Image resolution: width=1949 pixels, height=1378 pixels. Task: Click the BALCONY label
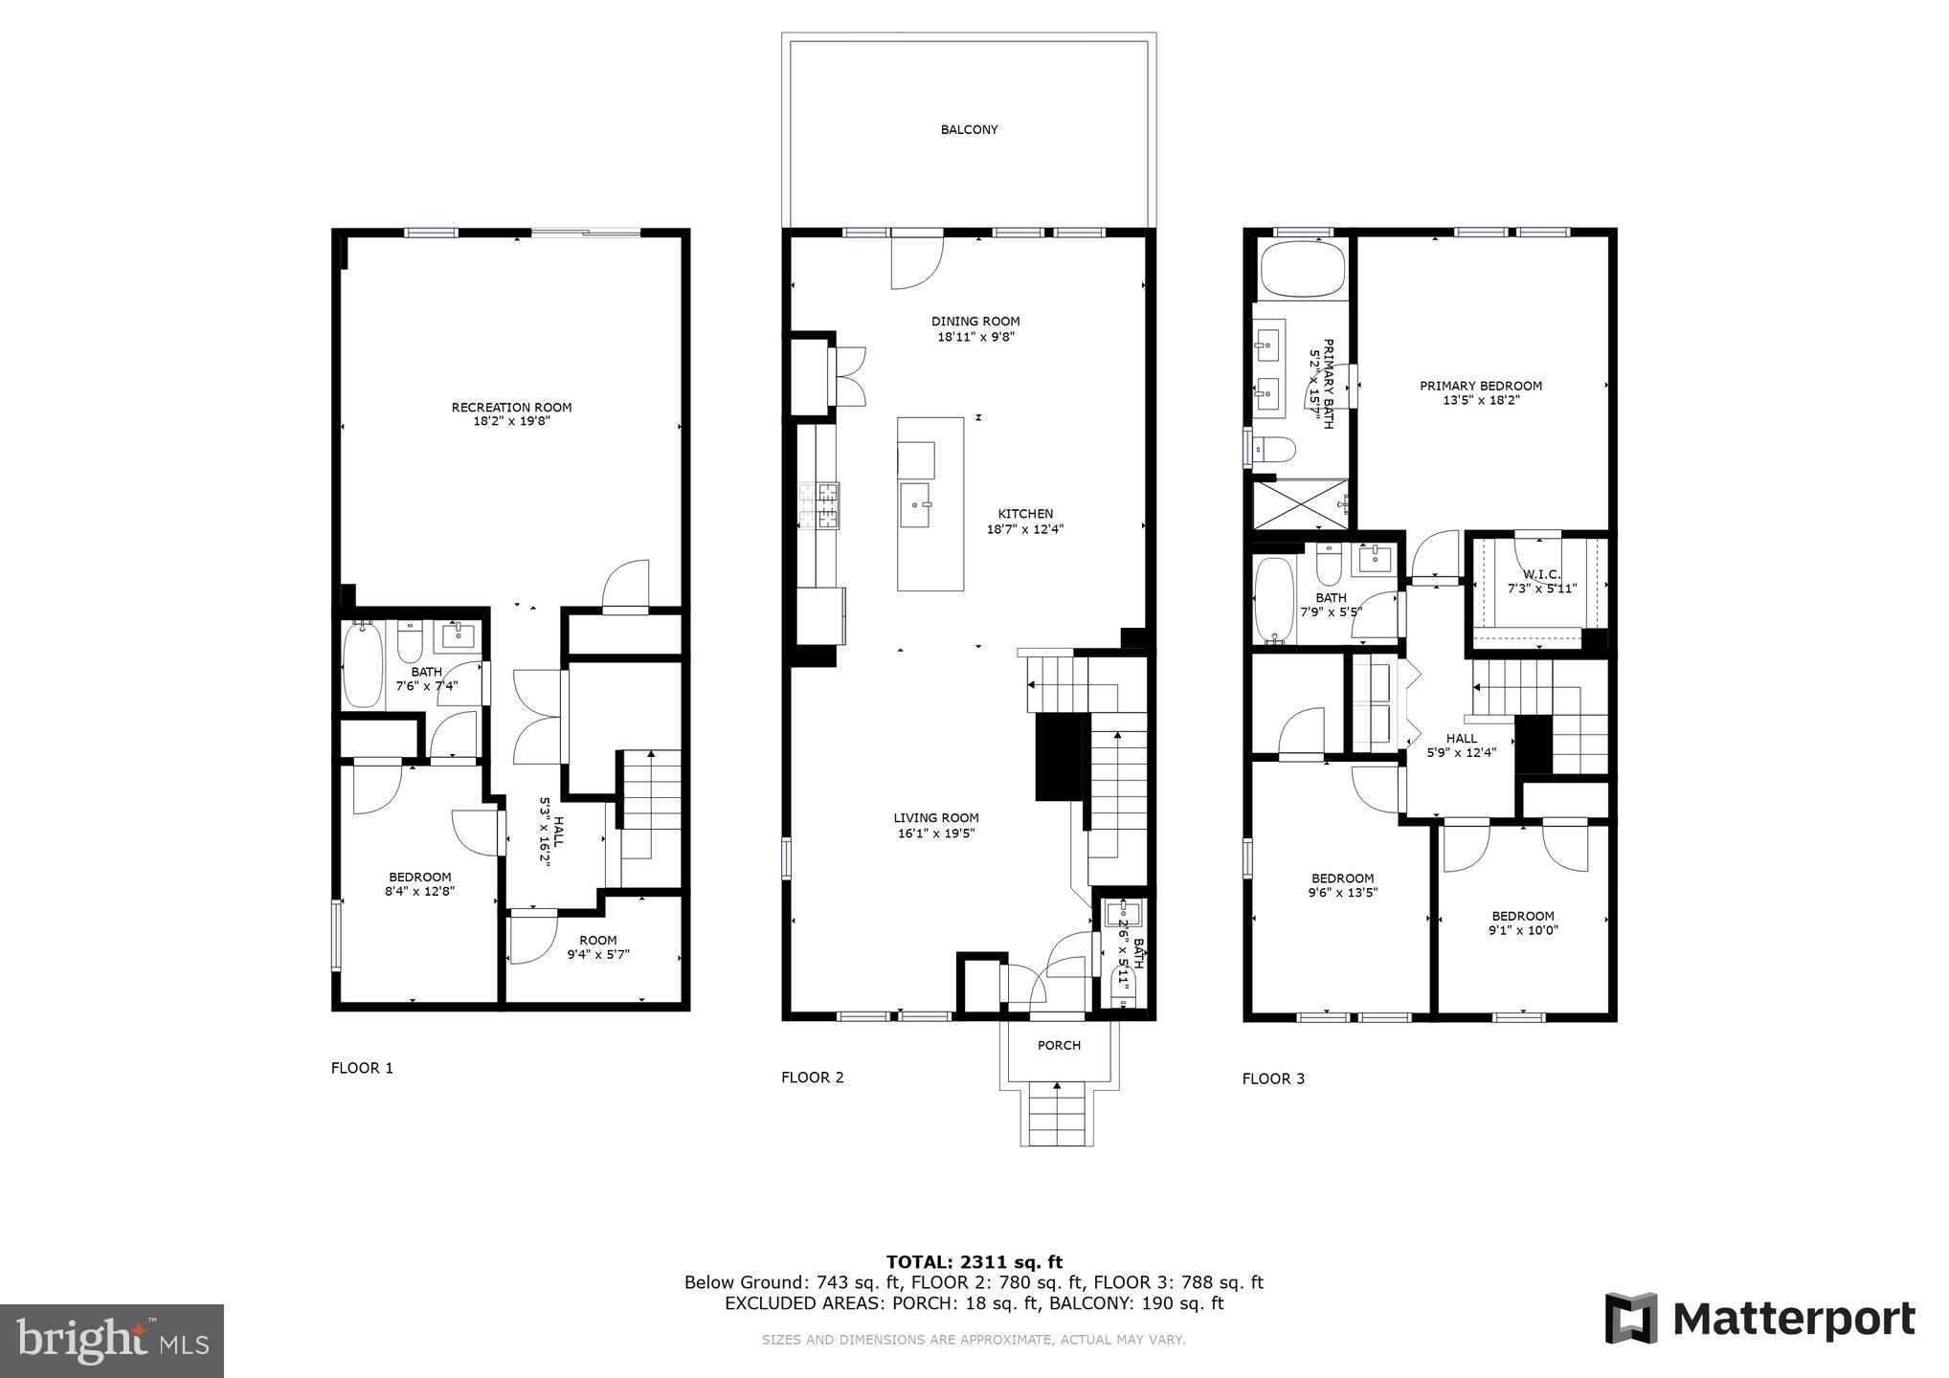tap(969, 129)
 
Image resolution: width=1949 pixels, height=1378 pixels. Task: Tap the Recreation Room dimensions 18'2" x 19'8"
tap(511, 421)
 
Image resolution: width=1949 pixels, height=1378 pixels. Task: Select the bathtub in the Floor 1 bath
tap(361, 664)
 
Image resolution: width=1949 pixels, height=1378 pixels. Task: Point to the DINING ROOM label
tap(974, 322)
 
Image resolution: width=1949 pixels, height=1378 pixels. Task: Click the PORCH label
tap(1059, 1046)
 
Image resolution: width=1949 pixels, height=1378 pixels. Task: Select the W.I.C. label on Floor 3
tap(1541, 575)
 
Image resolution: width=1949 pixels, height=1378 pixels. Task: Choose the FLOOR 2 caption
tap(812, 1078)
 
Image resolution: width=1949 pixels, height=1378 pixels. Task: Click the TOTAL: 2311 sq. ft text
tap(974, 1262)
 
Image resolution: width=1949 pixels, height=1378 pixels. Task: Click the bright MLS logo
tap(112, 1341)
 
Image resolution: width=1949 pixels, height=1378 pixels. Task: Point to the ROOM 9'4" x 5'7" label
tap(597, 947)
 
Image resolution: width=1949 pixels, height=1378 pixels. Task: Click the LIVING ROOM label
tap(935, 818)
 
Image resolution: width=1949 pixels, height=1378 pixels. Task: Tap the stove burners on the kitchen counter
tap(819, 506)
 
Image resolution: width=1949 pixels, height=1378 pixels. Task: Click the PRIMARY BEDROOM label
tap(1480, 387)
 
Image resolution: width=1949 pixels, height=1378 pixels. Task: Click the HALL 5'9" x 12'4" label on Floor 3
tap(1461, 745)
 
